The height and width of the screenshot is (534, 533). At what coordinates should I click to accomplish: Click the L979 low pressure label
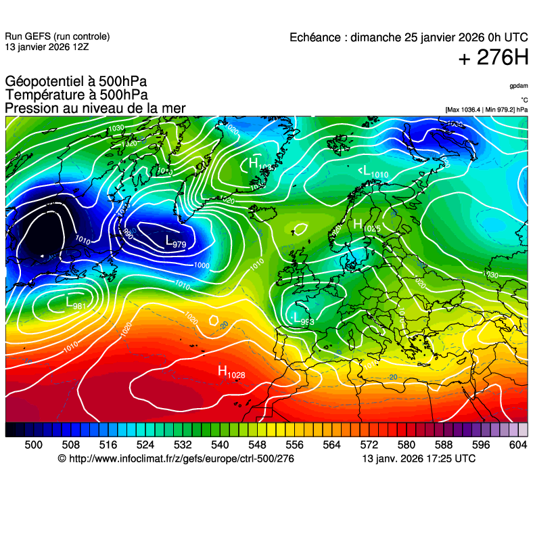[x=176, y=242]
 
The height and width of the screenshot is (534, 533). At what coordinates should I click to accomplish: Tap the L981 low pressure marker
[x=75, y=303]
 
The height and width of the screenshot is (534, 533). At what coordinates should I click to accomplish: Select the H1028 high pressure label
[x=231, y=372]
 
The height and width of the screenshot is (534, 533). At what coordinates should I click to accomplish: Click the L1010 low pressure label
[x=373, y=173]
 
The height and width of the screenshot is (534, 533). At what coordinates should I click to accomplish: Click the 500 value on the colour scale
[x=33, y=445]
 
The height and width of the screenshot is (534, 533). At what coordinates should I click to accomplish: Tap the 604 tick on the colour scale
[x=517, y=445]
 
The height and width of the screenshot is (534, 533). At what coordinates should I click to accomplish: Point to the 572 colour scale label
[x=369, y=445]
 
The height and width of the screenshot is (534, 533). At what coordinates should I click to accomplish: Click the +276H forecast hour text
[x=493, y=58]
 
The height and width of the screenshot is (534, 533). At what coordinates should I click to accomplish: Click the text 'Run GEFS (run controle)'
[x=57, y=37]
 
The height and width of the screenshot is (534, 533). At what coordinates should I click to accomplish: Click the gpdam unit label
[x=519, y=86]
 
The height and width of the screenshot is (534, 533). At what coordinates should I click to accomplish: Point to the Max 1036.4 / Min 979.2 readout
[x=486, y=109]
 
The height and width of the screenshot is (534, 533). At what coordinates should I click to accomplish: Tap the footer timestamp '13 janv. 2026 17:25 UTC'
[x=419, y=459]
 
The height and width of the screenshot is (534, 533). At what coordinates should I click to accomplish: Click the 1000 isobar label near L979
[x=202, y=265]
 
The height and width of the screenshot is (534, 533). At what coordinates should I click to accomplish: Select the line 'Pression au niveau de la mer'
[x=95, y=108]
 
